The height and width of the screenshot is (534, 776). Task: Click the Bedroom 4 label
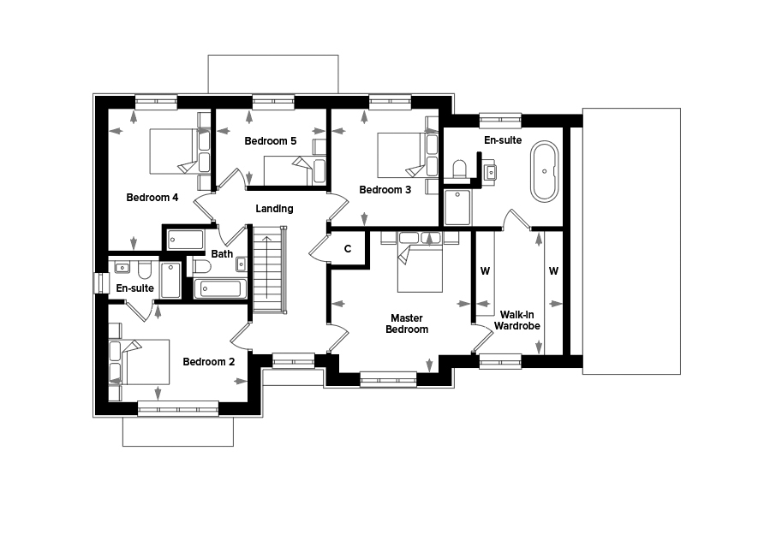(x=152, y=198)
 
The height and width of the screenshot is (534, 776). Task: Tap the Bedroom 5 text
(x=270, y=141)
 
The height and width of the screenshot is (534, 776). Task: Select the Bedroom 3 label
(x=385, y=189)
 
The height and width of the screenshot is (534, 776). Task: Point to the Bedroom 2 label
(x=208, y=361)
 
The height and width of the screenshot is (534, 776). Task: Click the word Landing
(x=274, y=209)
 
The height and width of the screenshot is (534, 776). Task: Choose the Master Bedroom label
(x=407, y=323)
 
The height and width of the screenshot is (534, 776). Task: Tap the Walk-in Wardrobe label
(x=516, y=320)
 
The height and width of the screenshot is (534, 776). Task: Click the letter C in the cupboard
(x=348, y=249)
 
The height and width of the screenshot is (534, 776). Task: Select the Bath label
(x=222, y=253)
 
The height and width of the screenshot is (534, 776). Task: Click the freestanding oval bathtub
(x=545, y=171)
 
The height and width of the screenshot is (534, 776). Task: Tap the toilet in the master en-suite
(x=460, y=169)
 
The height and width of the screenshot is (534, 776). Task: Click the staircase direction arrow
(x=266, y=268)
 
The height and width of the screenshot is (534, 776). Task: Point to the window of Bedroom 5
(x=273, y=102)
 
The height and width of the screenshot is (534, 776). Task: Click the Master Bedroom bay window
(x=389, y=380)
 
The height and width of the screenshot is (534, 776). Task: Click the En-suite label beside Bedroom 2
(x=135, y=288)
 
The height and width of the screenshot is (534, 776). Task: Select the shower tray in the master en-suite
(x=457, y=208)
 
